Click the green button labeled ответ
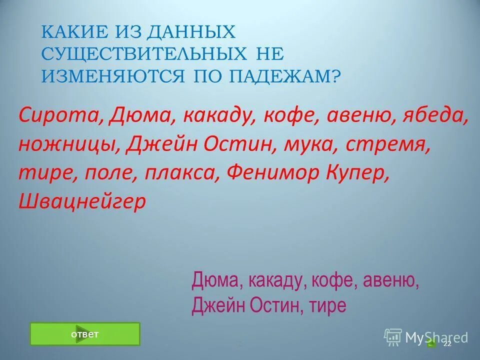(85, 334)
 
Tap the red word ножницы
(67, 144)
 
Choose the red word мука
(305, 144)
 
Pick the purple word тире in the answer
(327, 305)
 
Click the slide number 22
(447, 344)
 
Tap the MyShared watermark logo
(426, 337)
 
